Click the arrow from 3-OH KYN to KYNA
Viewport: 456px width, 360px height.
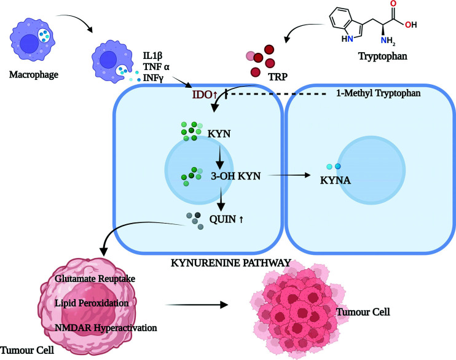point(289,176)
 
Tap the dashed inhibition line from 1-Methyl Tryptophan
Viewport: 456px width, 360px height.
point(277,95)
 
